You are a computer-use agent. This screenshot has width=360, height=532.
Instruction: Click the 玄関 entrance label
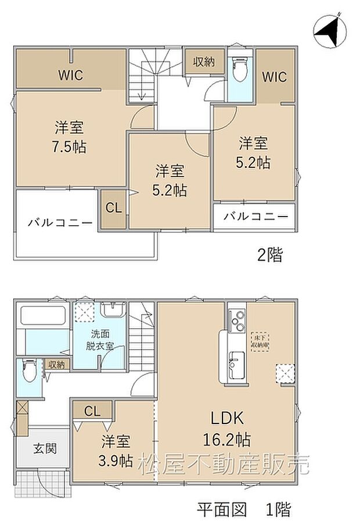pos(44,448)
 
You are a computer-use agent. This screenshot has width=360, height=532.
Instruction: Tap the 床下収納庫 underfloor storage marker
pos(260,340)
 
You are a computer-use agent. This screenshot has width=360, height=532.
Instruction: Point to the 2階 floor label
pos(270,254)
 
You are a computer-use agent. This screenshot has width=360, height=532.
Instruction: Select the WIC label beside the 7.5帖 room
pos(70,75)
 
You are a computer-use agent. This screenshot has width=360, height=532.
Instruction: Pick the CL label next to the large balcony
pos(114,208)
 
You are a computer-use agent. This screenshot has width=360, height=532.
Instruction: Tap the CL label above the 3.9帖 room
pos(92,411)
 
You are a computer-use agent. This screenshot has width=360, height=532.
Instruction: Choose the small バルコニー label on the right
pos(255,216)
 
